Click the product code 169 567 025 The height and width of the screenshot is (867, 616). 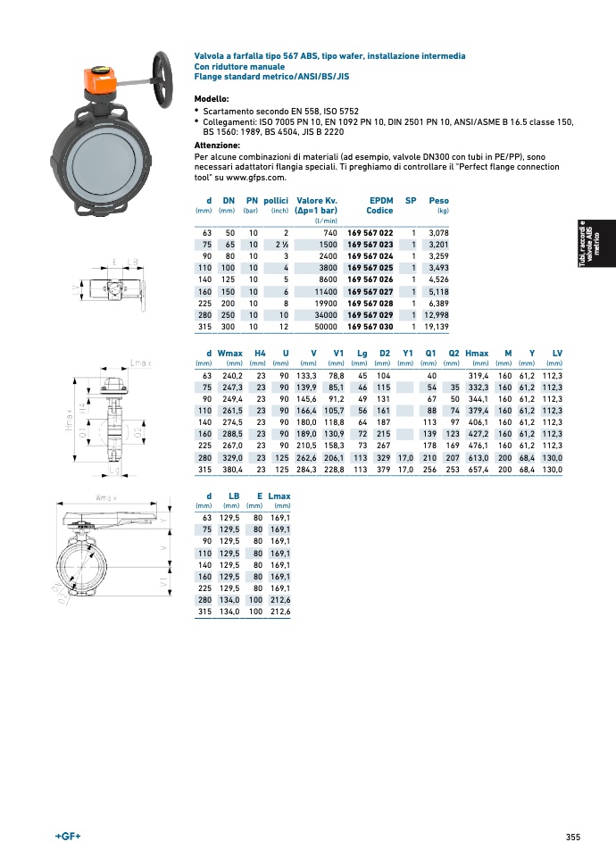click(x=370, y=268)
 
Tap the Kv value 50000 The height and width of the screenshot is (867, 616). click(x=325, y=327)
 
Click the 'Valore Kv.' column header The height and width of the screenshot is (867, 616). click(x=317, y=201)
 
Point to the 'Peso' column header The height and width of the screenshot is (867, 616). click(x=438, y=201)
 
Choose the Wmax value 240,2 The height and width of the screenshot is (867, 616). click(x=230, y=376)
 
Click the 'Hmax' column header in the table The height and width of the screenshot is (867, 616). click(x=477, y=354)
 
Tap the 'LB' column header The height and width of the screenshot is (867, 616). click(x=234, y=496)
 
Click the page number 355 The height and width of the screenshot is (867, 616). click(x=573, y=837)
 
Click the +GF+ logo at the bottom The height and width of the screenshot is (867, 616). click(x=68, y=836)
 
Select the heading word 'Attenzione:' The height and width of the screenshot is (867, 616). click(x=217, y=145)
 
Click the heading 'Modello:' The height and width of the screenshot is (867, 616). click(x=212, y=98)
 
